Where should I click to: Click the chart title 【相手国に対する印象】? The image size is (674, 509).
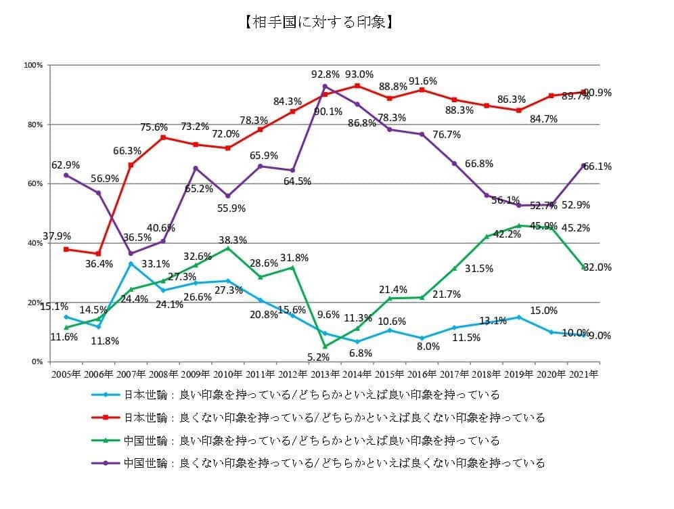click(x=317, y=22)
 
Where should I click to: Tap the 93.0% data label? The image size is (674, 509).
click(x=359, y=74)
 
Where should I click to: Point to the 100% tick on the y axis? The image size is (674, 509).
click(x=34, y=65)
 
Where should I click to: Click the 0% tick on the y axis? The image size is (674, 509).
click(x=37, y=361)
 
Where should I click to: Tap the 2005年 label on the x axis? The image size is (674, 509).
click(x=66, y=373)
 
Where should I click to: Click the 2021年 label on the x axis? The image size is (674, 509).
click(x=583, y=373)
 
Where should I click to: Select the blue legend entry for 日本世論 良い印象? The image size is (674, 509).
click(x=298, y=395)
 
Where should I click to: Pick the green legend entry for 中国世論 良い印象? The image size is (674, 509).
click(x=298, y=441)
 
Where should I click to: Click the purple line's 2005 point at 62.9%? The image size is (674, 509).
click(x=66, y=175)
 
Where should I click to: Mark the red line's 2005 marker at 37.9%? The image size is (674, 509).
click(x=66, y=249)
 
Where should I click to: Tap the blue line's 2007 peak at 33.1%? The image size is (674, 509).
click(x=131, y=263)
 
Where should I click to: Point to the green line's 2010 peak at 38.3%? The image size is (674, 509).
click(x=227, y=248)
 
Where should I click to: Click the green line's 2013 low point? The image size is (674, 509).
click(x=325, y=346)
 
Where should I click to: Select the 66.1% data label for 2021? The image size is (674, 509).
click(x=598, y=167)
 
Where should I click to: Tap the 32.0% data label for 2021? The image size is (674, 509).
click(x=598, y=267)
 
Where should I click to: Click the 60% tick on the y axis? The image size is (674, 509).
click(x=35, y=183)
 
